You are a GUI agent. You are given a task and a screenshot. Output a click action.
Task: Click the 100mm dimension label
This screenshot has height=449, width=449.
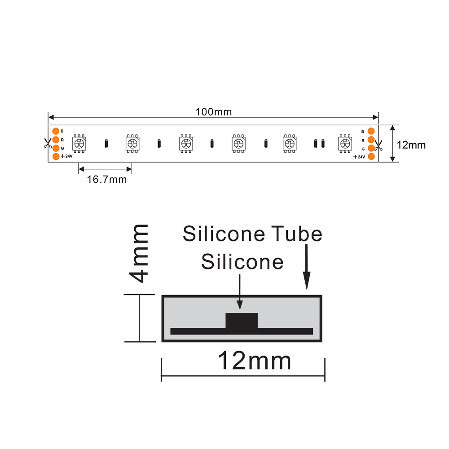click(214, 112)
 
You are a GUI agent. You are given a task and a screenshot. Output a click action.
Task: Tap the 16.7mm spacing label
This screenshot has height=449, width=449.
click(107, 180)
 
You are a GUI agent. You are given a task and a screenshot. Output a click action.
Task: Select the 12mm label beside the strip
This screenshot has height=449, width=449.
click(411, 145)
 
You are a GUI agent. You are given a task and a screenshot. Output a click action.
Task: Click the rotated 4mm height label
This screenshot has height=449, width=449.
click(139, 253)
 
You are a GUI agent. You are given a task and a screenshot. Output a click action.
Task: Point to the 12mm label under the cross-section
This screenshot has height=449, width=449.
click(254, 361)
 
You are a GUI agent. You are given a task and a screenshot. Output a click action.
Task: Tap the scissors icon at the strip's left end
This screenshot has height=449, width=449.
click(47, 143)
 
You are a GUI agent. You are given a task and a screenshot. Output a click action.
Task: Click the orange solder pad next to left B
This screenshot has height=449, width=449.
click(56, 131)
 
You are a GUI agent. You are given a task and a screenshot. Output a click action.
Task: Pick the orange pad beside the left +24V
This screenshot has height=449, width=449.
click(56, 156)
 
